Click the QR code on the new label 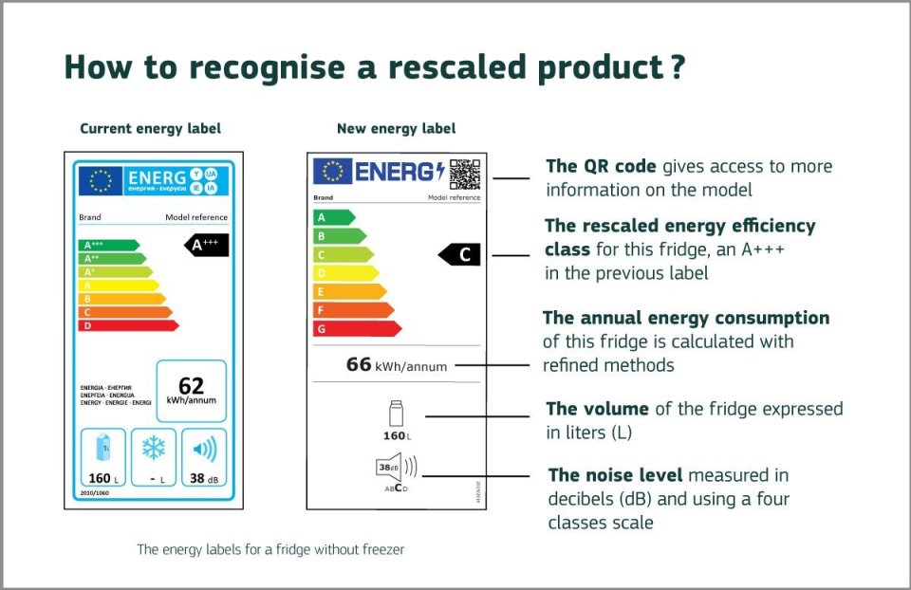click(464, 174)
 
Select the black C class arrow click(461, 254)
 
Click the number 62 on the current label click(191, 385)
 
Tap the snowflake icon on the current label click(153, 448)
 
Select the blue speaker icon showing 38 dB click(203, 448)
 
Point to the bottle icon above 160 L click(396, 415)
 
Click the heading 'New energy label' click(396, 128)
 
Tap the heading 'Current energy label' click(150, 128)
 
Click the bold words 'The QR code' click(601, 167)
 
